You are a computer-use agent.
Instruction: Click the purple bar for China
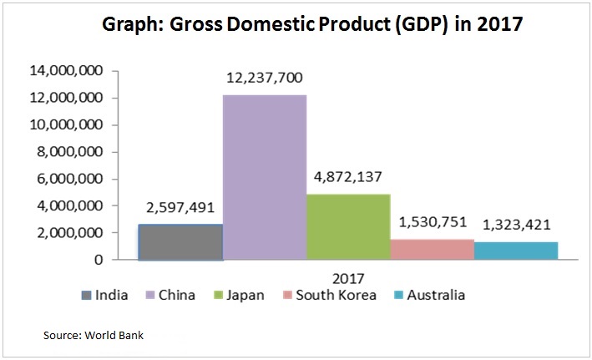pos(265,177)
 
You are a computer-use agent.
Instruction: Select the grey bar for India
pos(180,241)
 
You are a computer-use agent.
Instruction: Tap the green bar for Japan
pos(348,226)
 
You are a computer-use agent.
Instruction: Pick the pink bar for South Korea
pos(433,249)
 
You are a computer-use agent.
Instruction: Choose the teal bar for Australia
pos(516,251)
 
